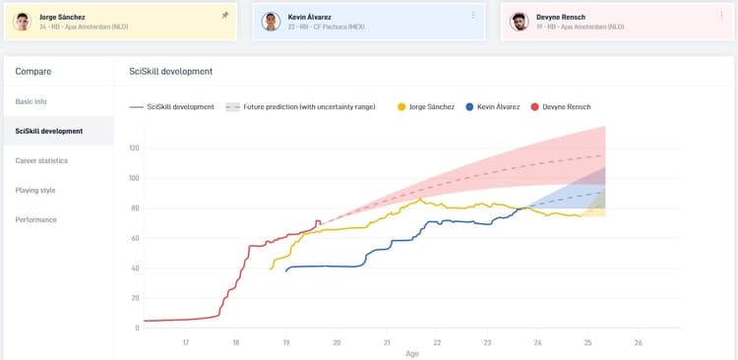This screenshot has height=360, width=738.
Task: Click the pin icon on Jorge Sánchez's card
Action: pyautogui.click(x=225, y=15)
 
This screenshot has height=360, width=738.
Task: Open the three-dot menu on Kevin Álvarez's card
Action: pyautogui.click(x=473, y=15)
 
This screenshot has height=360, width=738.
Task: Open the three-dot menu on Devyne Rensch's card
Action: pyautogui.click(x=721, y=15)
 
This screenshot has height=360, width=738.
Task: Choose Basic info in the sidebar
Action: pyautogui.click(x=31, y=101)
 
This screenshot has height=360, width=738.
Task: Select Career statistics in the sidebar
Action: pyautogui.click(x=41, y=160)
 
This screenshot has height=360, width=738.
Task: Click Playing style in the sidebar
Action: pyautogui.click(x=35, y=190)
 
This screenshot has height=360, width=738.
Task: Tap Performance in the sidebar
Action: pyautogui.click(x=35, y=219)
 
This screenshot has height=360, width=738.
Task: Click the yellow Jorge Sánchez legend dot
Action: pyautogui.click(x=401, y=106)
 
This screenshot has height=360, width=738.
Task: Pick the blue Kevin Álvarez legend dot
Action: pyautogui.click(x=470, y=106)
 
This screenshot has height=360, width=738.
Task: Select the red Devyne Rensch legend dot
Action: pyautogui.click(x=535, y=106)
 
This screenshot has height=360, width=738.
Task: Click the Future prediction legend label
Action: pyautogui.click(x=308, y=106)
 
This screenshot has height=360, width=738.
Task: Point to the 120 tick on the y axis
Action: pyautogui.click(x=134, y=149)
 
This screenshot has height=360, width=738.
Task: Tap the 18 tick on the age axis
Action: pyautogui.click(x=236, y=342)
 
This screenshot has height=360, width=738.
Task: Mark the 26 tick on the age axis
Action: pyautogui.click(x=638, y=342)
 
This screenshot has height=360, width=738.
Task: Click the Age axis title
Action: pyautogui.click(x=411, y=353)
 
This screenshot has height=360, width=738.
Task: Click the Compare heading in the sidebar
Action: pyautogui.click(x=33, y=71)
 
